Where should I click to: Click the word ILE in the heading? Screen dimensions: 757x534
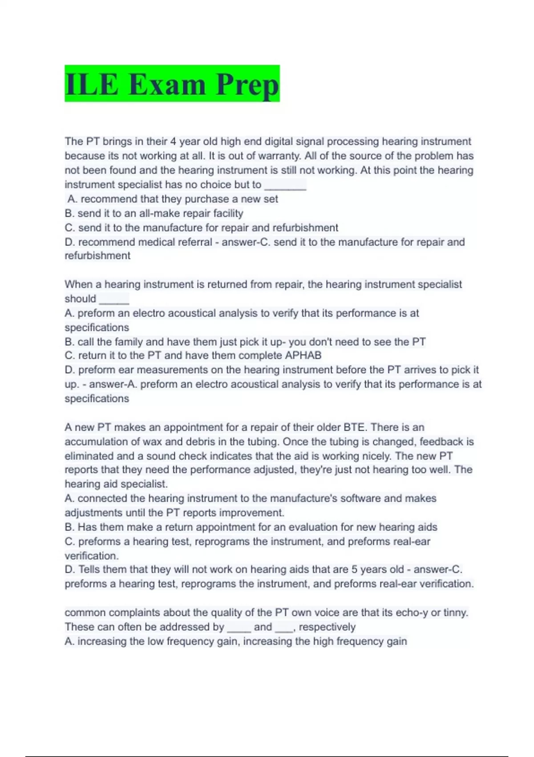[x=92, y=84]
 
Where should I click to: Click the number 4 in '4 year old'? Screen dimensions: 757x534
[x=173, y=142]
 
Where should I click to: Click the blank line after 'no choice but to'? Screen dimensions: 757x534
[x=285, y=185]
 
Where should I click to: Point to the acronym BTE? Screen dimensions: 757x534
[x=355, y=427]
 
